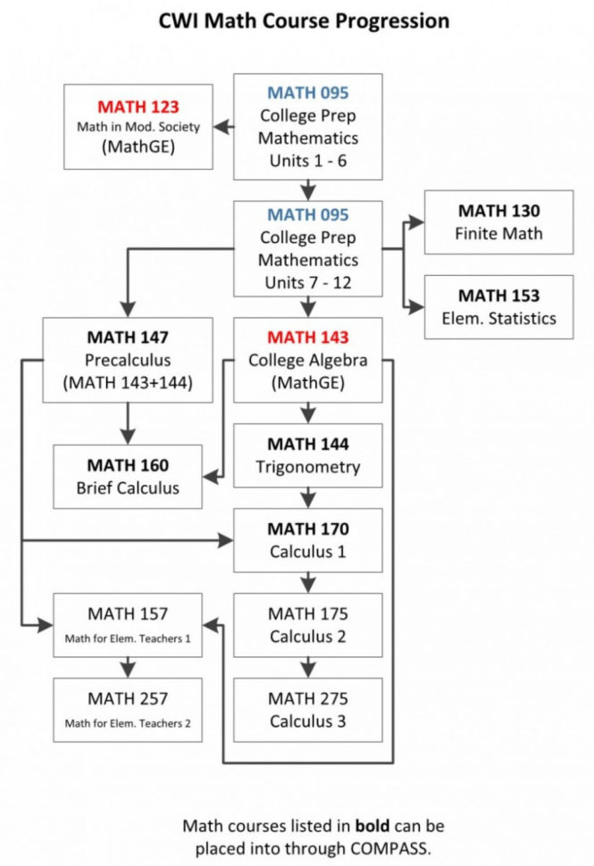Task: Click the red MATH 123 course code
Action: pyautogui.click(x=138, y=104)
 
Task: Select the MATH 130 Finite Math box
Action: pyautogui.click(x=498, y=222)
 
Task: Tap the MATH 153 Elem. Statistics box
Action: pyautogui.click(x=498, y=306)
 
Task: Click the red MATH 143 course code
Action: pyautogui.click(x=308, y=338)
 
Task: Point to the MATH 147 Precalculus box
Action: pyautogui.click(x=129, y=360)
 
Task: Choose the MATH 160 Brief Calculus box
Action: pyautogui.click(x=129, y=476)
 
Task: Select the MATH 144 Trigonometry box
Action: pyautogui.click(x=308, y=455)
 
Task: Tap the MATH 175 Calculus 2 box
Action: pyautogui.click(x=308, y=625)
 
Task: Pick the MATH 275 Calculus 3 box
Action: pyautogui.click(x=308, y=710)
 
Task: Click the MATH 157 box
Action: pyautogui.click(x=129, y=625)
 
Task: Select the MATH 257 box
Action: pyautogui.click(x=129, y=710)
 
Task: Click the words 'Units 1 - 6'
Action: pyautogui.click(x=308, y=161)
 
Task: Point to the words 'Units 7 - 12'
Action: pyautogui.click(x=308, y=281)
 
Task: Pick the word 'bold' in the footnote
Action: pyautogui.click(x=369, y=825)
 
